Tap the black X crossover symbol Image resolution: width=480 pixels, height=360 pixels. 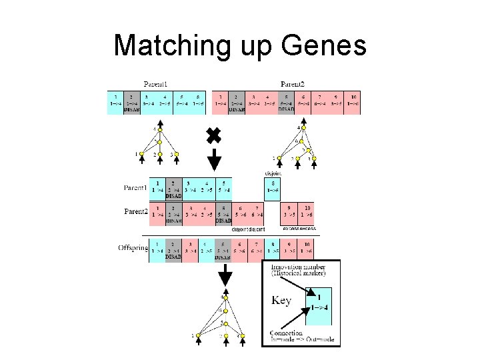point(213,136)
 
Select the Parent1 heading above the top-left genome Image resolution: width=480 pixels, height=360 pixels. point(155,84)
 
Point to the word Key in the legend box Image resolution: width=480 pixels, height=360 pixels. point(281,301)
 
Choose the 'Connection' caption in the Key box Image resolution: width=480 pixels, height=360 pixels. point(287,333)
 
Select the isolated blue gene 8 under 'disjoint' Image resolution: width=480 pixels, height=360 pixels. point(273,189)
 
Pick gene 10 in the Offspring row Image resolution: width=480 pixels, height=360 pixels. point(307,248)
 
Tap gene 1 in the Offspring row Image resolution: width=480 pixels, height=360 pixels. point(157,248)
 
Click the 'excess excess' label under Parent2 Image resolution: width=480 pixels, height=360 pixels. point(297,229)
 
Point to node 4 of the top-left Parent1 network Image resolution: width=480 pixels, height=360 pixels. point(157,129)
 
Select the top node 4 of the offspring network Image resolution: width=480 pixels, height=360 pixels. point(227,298)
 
